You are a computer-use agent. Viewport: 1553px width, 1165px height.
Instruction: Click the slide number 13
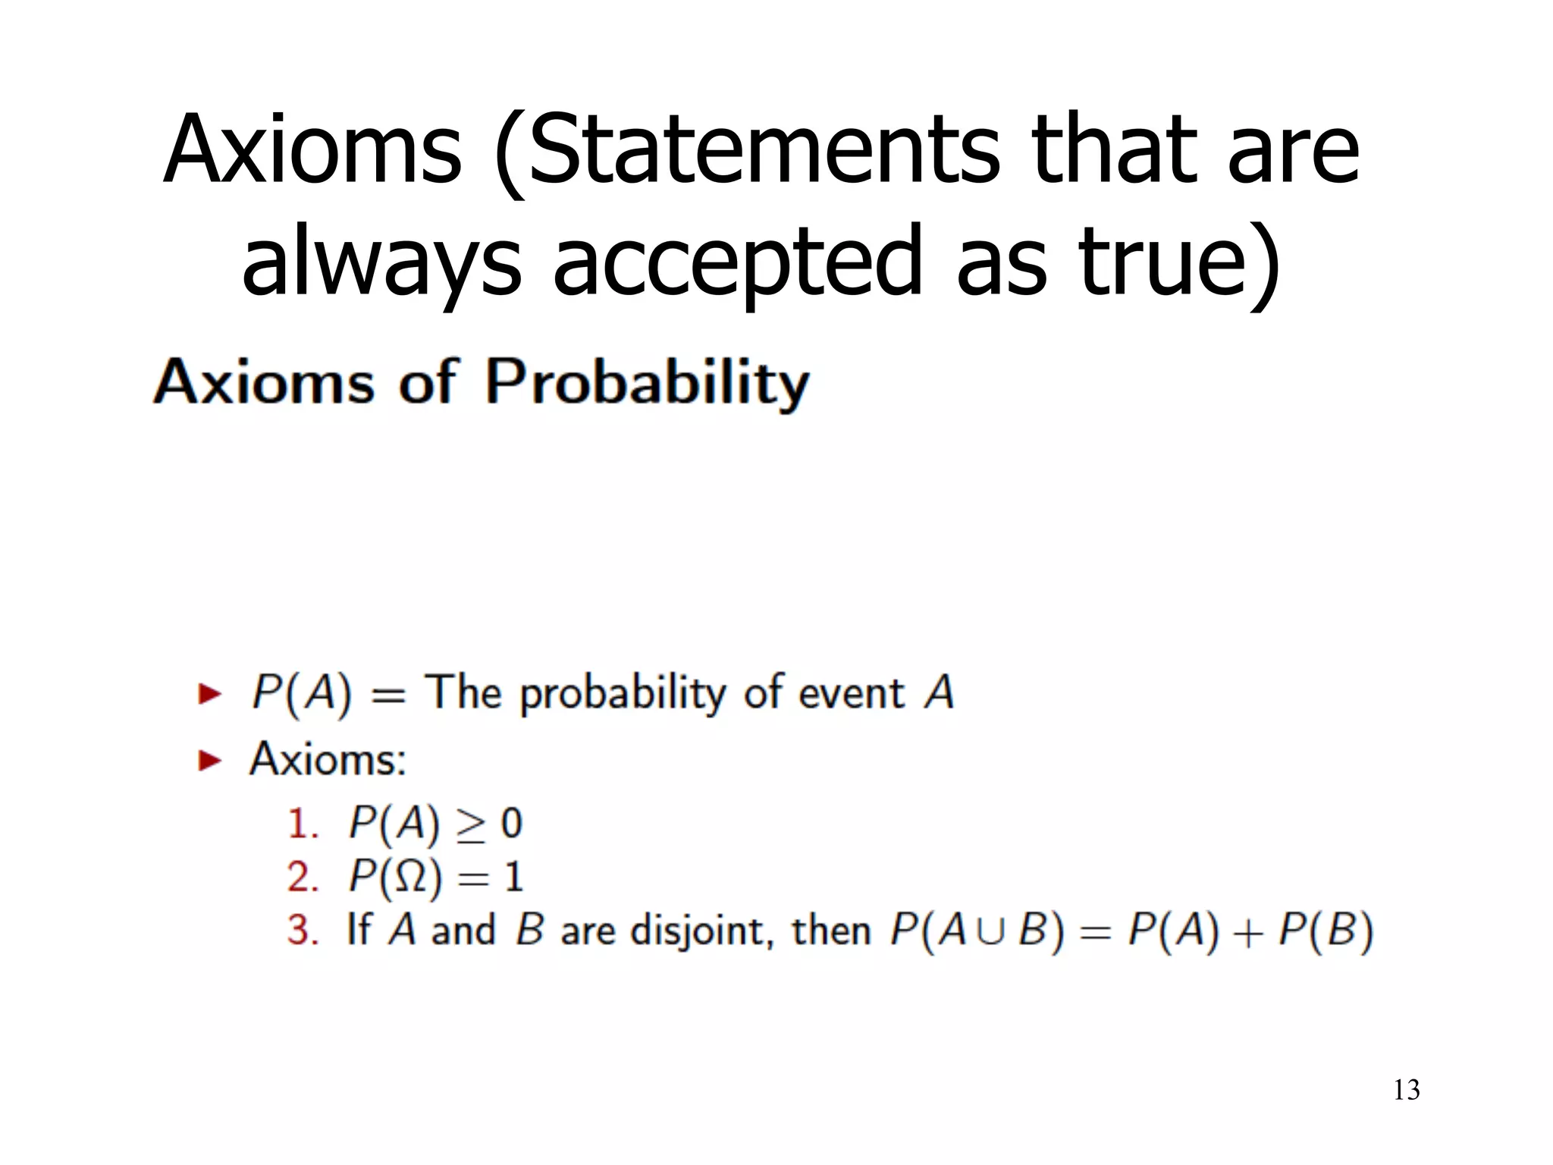tap(1406, 1090)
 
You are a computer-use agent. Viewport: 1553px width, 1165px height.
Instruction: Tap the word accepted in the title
tap(736, 262)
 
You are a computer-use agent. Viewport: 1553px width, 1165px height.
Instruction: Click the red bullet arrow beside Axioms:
tap(209, 760)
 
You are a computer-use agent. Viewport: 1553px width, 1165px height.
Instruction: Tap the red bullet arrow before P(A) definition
tap(209, 693)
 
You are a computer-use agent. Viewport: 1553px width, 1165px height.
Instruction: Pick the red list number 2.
tap(302, 878)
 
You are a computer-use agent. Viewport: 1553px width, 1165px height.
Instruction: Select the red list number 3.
tap(302, 931)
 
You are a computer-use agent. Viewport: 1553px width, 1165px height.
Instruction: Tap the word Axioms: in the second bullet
tap(328, 759)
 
